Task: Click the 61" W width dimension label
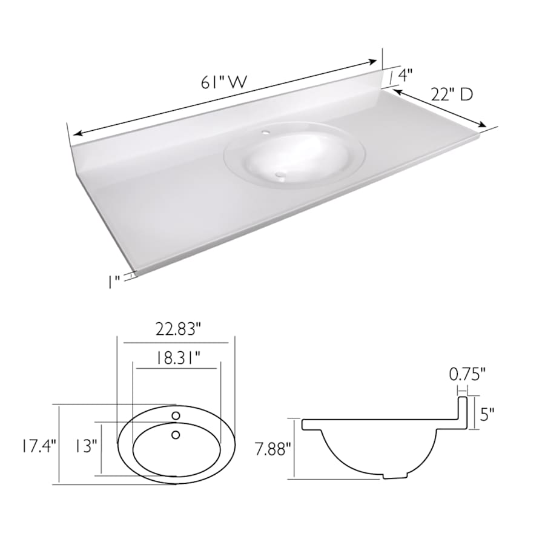[224, 83]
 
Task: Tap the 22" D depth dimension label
[451, 94]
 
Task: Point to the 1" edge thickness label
[113, 281]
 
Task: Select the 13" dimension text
[87, 446]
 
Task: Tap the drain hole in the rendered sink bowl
[279, 175]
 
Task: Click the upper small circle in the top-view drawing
[176, 416]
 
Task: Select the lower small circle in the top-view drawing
[176, 434]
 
